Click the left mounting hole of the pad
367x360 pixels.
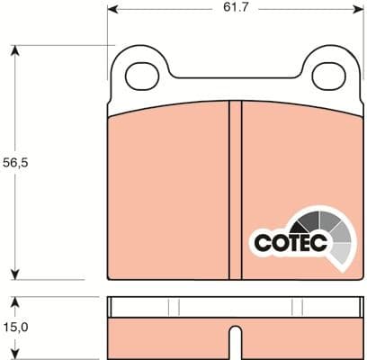[141, 75]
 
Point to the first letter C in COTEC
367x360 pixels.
[260, 243]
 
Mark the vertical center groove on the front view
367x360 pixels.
[236, 189]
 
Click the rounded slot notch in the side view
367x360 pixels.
[236, 345]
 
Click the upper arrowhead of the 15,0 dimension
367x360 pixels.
[15, 301]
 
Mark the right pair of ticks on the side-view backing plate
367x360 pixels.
[298, 307]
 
